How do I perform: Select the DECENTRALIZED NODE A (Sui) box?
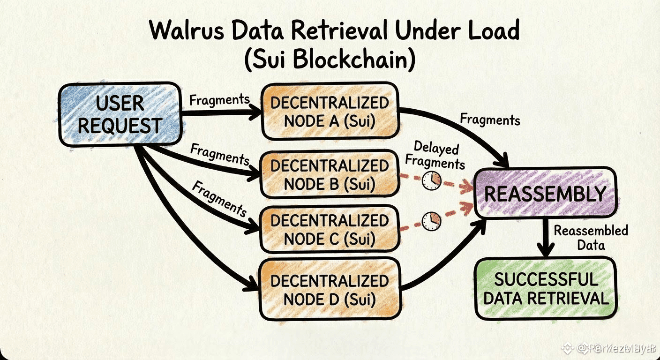click(330, 112)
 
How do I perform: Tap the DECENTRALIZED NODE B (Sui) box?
click(330, 174)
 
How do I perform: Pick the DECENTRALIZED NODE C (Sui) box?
click(330, 229)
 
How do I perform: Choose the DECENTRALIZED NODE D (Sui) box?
click(330, 289)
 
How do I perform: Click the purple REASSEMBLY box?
click(545, 194)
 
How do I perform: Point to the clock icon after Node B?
click(431, 180)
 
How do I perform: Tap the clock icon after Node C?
click(431, 221)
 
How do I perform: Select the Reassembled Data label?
click(591, 237)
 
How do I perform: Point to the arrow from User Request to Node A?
click(220, 112)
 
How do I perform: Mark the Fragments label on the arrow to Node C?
click(219, 199)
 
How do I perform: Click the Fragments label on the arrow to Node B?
click(219, 155)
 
